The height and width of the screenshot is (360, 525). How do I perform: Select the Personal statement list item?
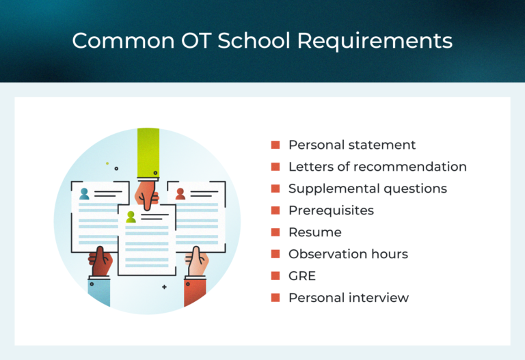pyautogui.click(x=352, y=145)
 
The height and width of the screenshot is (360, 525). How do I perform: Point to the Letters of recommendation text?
pyautogui.click(x=377, y=167)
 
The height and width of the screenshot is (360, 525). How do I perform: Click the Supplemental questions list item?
pyautogui.click(x=368, y=189)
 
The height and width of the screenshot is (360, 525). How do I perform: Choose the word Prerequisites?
pyautogui.click(x=331, y=210)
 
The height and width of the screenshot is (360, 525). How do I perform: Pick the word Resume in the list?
pyautogui.click(x=314, y=232)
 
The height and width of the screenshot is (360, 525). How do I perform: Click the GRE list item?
pyautogui.click(x=301, y=276)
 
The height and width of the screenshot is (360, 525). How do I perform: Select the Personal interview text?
pyautogui.click(x=349, y=298)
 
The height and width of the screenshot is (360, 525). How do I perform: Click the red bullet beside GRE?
pyautogui.click(x=275, y=276)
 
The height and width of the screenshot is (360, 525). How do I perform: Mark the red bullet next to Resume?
pyautogui.click(x=275, y=232)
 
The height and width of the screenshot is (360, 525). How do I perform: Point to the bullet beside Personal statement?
pyautogui.click(x=275, y=145)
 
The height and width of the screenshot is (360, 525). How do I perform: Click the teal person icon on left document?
pyautogui.click(x=84, y=194)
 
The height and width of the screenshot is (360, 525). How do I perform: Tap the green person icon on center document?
pyautogui.click(x=131, y=217)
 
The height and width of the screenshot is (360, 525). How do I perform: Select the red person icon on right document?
pyautogui.click(x=180, y=194)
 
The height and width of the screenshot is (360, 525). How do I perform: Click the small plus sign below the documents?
pyautogui.click(x=164, y=287)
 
